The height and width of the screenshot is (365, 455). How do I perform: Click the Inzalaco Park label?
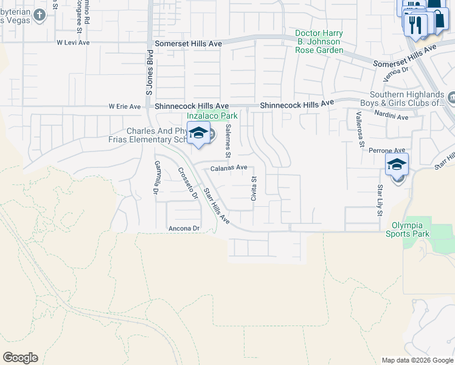point(212,115)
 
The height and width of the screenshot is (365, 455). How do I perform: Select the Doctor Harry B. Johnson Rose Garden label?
point(319,41)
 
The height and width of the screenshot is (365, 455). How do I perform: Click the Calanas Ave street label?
point(229,167)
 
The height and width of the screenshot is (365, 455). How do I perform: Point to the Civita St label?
point(254,188)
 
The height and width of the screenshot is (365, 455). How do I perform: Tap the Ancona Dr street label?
point(184,228)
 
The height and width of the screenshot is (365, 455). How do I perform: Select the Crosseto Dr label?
point(188,183)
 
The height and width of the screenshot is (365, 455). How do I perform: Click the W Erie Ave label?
point(125,106)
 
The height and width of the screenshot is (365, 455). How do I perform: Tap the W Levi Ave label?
point(73,43)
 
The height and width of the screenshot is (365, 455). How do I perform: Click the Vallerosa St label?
point(360,130)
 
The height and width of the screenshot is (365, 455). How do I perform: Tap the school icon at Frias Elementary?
point(198,133)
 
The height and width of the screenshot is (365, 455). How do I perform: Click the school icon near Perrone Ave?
point(397,165)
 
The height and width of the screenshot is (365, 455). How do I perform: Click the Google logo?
point(20,358)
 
